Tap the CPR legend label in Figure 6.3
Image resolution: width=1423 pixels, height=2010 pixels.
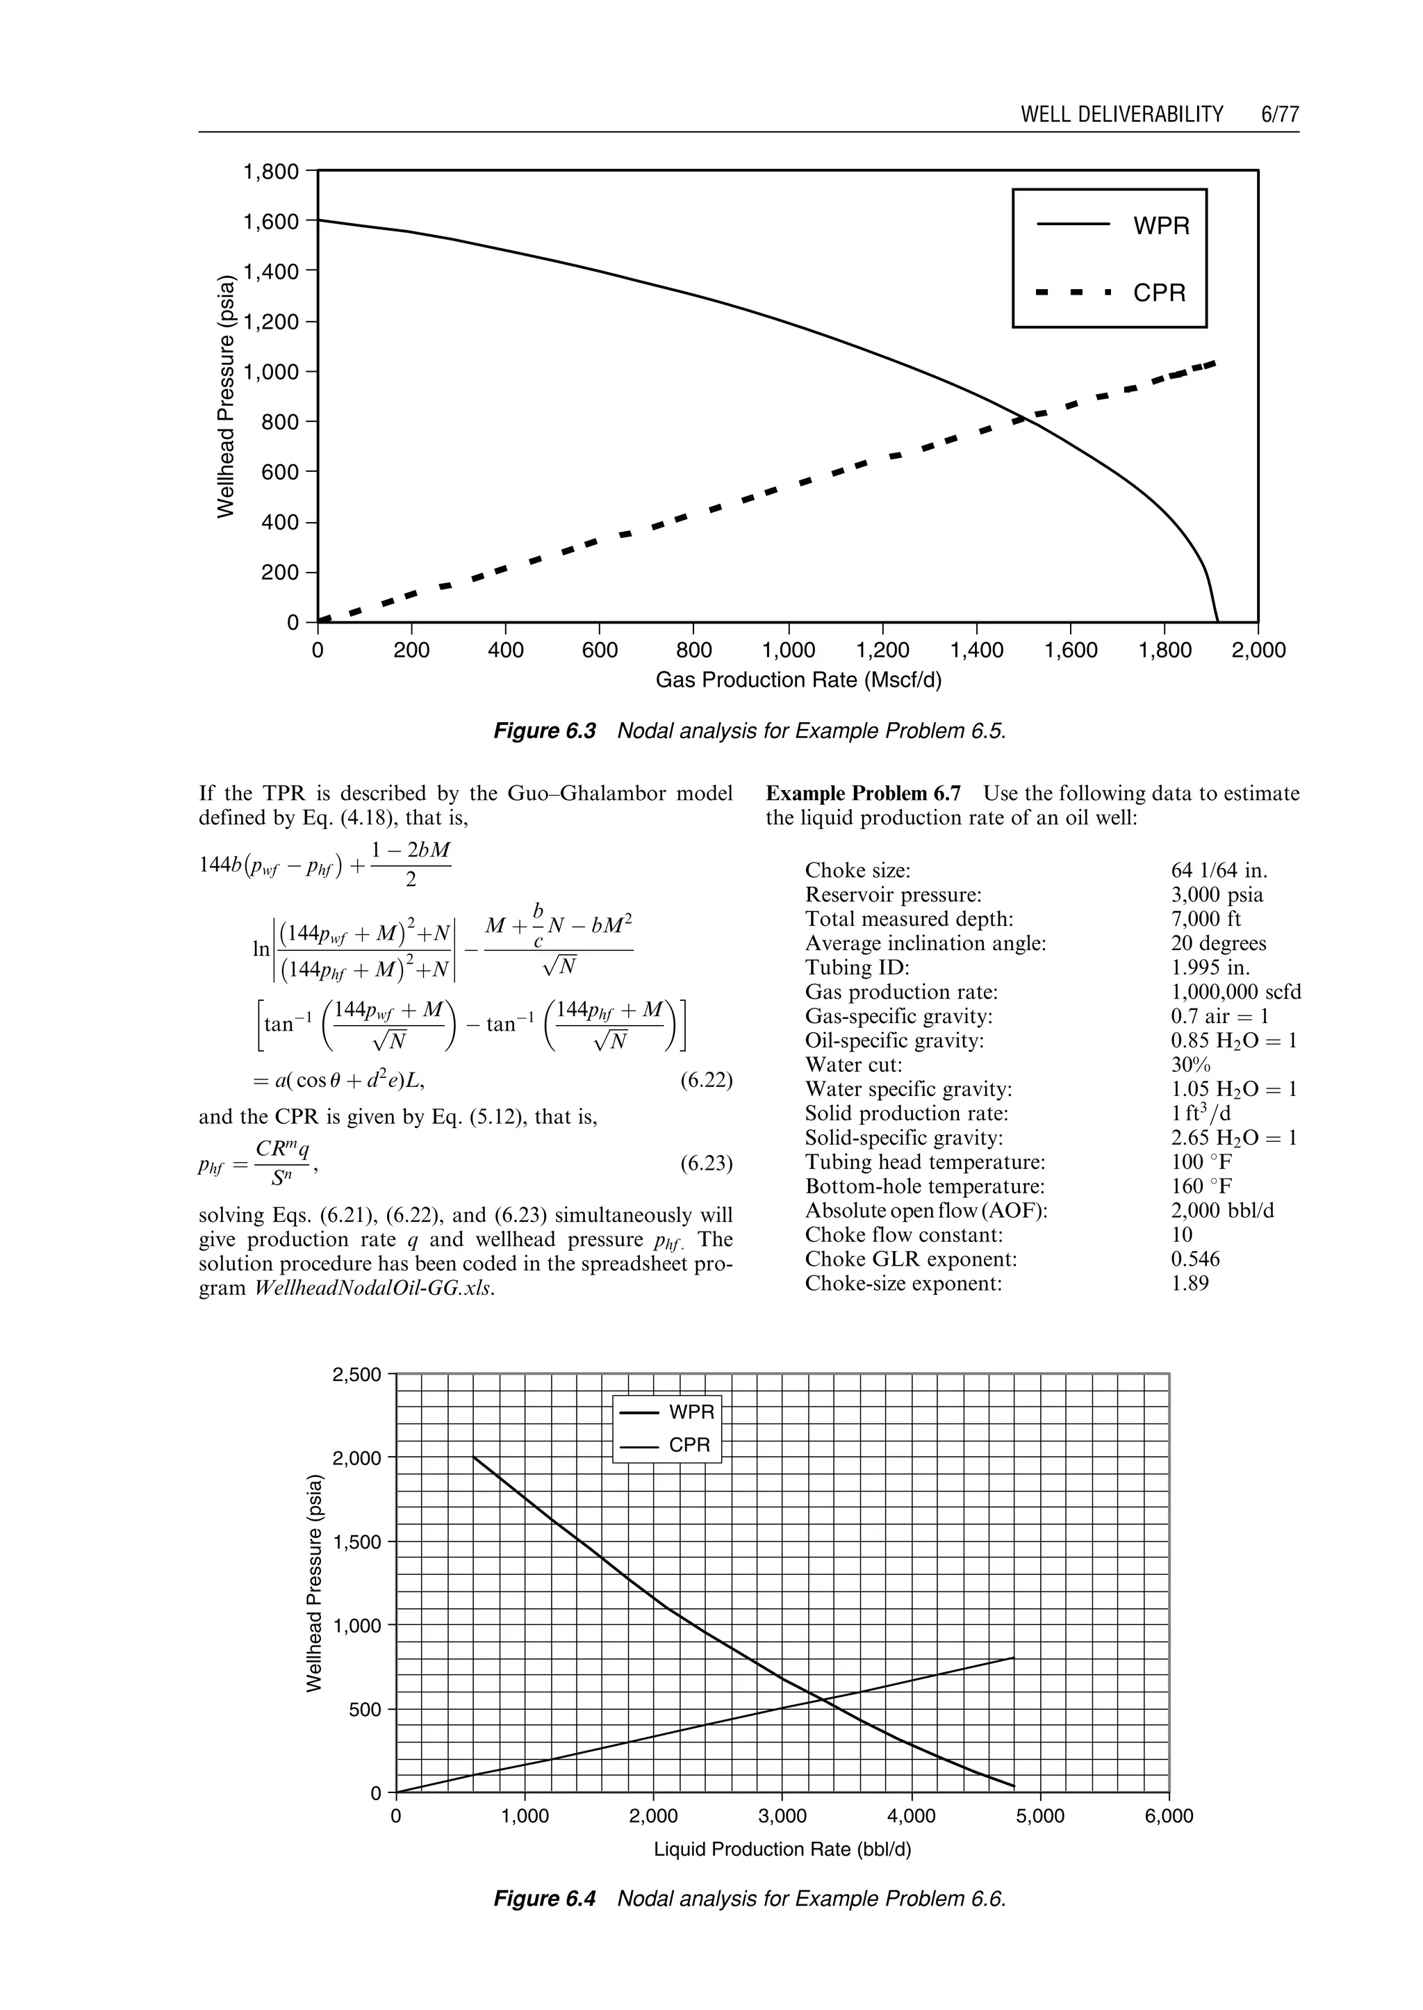click(x=1158, y=293)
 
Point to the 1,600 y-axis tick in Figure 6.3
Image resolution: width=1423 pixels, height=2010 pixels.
click(x=272, y=222)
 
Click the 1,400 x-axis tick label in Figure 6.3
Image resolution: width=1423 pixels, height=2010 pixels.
click(x=976, y=651)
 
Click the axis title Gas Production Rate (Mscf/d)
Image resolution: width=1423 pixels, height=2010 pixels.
click(x=798, y=680)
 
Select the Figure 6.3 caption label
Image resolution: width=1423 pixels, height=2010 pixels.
click(x=544, y=731)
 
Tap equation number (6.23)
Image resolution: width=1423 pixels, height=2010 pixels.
click(x=706, y=1164)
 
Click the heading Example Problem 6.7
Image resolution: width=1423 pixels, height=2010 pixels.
click(x=863, y=793)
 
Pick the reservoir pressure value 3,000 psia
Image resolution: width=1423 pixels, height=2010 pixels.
click(x=1217, y=895)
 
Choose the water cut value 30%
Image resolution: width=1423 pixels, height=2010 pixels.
click(x=1191, y=1065)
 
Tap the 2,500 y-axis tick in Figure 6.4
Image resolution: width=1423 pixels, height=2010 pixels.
click(x=356, y=1375)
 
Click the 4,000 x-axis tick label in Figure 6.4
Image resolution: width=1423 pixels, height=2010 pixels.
click(x=912, y=1816)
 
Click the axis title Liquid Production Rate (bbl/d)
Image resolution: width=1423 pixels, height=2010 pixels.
click(x=782, y=1849)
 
